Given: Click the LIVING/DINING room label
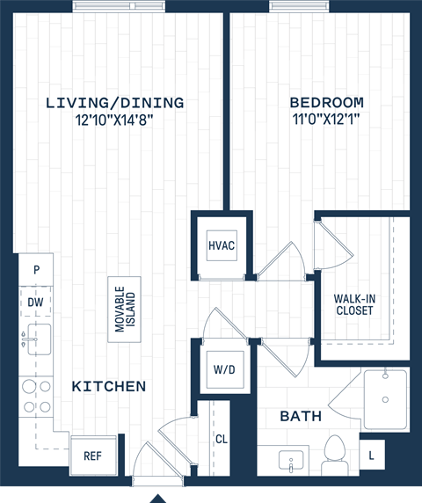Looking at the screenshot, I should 115,103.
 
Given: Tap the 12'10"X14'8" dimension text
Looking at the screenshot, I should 115,120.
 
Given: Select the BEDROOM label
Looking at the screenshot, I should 326,103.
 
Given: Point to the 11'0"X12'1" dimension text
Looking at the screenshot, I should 326,120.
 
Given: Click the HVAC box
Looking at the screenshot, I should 222,245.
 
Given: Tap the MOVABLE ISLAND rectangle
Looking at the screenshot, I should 125,310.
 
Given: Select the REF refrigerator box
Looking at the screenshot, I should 92,456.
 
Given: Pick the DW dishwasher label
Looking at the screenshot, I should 35,302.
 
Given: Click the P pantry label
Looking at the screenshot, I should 35,270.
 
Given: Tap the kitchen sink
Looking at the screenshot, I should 37,338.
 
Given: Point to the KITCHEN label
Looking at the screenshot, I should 109,386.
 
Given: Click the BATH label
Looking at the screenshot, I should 301,416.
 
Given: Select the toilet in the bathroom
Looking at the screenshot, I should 334,452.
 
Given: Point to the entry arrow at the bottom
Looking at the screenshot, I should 157,496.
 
